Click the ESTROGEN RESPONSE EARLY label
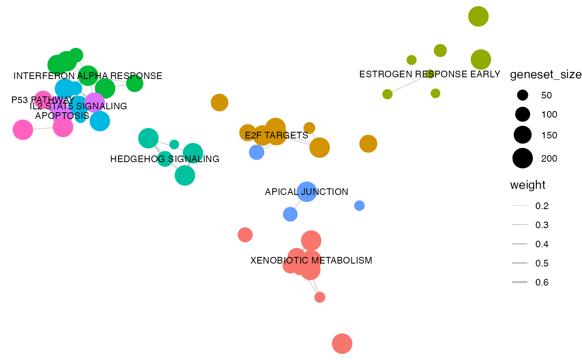(x=429, y=74)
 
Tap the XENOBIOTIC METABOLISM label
(x=311, y=261)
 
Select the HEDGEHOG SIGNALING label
(x=165, y=159)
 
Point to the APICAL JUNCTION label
(x=306, y=192)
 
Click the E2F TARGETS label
(x=276, y=136)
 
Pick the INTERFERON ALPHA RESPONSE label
(x=88, y=76)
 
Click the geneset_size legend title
(x=545, y=75)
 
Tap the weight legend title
(x=528, y=185)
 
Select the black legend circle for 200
(x=522, y=158)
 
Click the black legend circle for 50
(x=522, y=95)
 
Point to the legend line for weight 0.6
(x=520, y=283)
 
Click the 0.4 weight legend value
(x=542, y=244)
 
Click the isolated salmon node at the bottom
(x=342, y=344)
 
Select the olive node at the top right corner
(x=478, y=17)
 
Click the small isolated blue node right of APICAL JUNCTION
(x=359, y=206)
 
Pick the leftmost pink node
(x=23, y=130)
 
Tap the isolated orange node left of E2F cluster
(x=219, y=103)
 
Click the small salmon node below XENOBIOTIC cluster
(x=320, y=297)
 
